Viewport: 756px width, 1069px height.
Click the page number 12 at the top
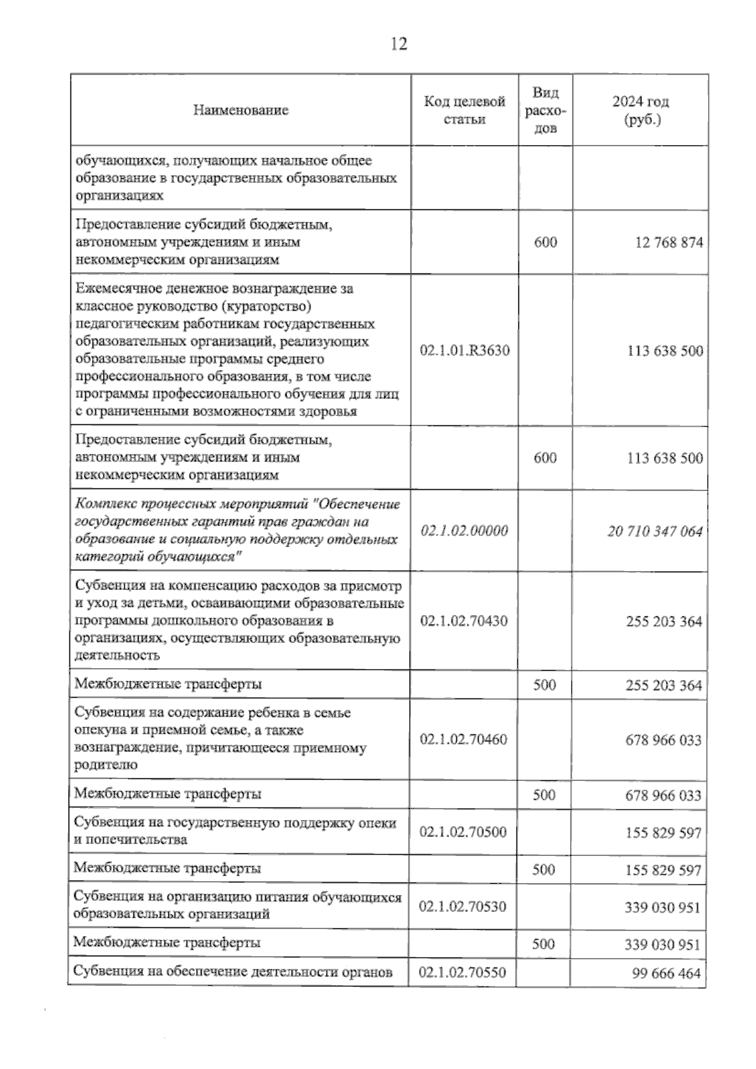(x=399, y=44)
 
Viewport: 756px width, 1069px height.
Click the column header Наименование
(x=241, y=110)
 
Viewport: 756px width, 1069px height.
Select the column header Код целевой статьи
(x=464, y=110)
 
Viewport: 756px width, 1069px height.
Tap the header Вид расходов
(x=545, y=110)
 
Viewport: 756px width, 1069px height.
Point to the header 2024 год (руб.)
(x=640, y=110)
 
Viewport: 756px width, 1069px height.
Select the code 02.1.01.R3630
(x=465, y=350)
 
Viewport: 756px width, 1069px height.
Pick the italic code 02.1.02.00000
(x=464, y=531)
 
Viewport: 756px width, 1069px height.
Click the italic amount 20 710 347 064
(x=655, y=531)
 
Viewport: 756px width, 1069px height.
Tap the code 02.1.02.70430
(x=464, y=621)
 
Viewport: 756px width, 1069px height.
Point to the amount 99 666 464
(x=666, y=973)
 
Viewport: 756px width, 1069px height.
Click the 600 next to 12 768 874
(x=545, y=243)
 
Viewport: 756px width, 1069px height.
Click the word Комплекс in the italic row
(x=102, y=504)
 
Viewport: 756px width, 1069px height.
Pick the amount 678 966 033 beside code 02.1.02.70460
(x=663, y=740)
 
